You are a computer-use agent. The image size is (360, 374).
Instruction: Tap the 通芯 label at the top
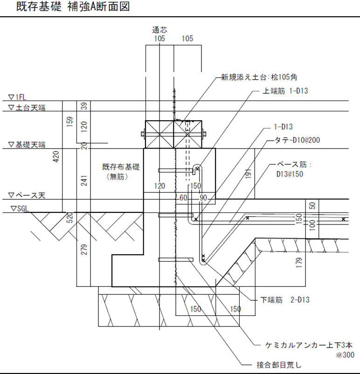[x=159, y=30]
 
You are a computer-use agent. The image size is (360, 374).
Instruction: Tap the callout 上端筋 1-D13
[x=285, y=91]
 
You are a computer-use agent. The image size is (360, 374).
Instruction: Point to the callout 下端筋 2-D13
[x=285, y=300]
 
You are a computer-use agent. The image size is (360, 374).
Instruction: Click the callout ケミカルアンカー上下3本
[x=307, y=345]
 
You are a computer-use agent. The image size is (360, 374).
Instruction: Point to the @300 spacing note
[x=345, y=354]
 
